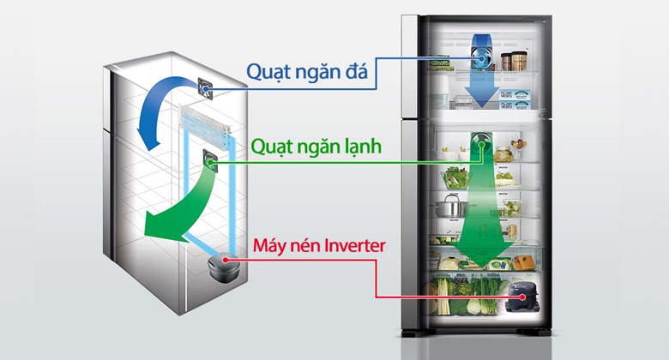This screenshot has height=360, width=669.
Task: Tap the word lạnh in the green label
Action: (380, 146)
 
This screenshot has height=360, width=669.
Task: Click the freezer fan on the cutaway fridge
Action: (207, 86)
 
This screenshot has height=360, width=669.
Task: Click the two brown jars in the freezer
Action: (513, 61)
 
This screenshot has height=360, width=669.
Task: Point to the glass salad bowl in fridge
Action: (452, 179)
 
